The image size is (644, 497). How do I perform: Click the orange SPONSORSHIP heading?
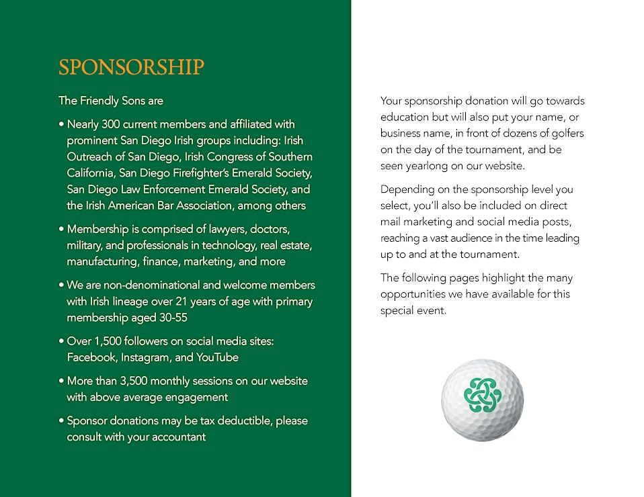[131, 68]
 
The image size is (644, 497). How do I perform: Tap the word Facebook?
[92, 357]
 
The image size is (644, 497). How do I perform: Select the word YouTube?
[217, 357]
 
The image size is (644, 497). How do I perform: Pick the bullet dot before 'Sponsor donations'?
[61, 421]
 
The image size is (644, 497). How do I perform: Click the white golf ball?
[482, 400]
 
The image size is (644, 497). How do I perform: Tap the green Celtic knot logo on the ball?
[482, 395]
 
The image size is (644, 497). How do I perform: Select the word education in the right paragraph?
[405, 117]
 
